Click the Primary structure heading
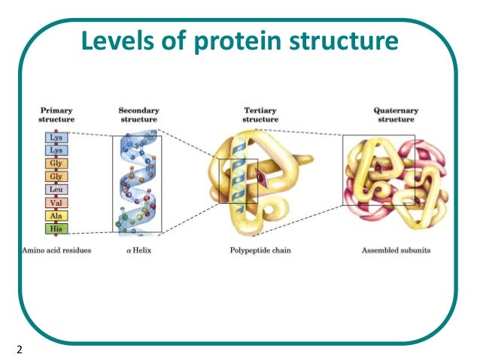56,114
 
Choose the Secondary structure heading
138,114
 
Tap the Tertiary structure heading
260,114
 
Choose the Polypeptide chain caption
260,250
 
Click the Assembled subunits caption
395,250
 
